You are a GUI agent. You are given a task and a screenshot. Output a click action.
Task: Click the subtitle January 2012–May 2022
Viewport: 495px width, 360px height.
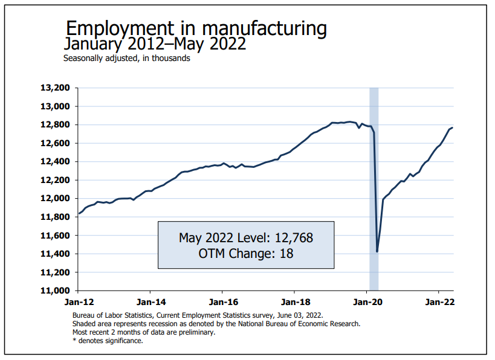155,44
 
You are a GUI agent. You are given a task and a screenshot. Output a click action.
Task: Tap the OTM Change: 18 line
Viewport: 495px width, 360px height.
246,254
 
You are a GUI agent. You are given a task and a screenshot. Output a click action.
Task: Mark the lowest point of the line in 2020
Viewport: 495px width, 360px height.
377,251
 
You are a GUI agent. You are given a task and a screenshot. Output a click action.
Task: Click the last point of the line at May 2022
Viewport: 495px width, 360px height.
453,127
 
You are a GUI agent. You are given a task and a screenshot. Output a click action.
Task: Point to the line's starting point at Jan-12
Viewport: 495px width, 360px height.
79,214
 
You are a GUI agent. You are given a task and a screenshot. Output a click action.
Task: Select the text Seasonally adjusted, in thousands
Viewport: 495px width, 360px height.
127,59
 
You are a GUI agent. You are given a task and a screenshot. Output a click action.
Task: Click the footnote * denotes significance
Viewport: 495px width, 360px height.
108,341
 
